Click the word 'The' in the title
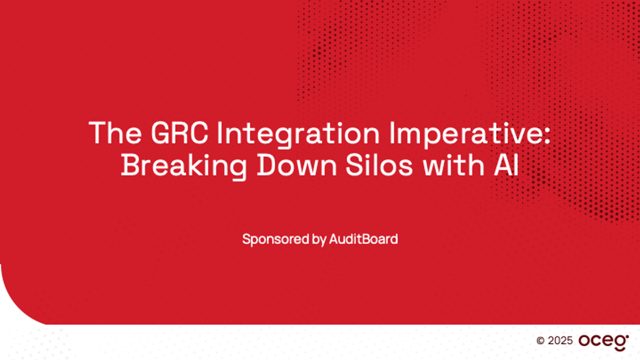coord(115,133)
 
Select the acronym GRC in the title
coord(179,133)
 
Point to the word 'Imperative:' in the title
coord(470,135)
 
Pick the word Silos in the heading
coord(379,165)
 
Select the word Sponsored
coord(276,239)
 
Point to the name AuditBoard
coord(364,239)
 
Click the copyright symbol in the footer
coord(540,341)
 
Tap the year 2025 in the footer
coord(560,341)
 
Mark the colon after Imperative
coord(547,136)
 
